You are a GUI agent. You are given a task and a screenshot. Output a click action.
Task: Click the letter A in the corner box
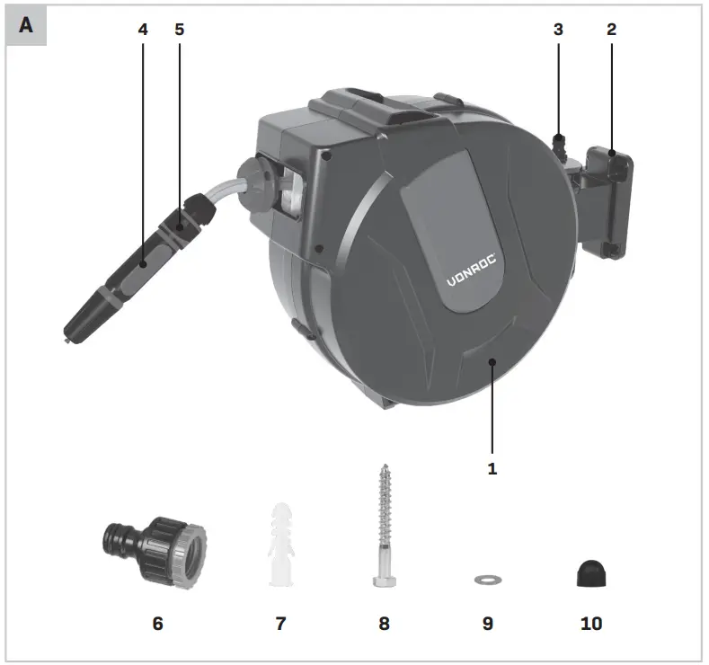(26, 25)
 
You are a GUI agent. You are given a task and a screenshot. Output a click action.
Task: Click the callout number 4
(143, 30)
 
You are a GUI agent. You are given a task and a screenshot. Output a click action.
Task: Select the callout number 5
(179, 30)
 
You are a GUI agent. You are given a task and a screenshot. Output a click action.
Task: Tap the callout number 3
(558, 30)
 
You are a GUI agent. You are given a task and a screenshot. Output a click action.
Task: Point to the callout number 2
(611, 30)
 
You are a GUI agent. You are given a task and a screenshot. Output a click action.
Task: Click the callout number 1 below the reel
(492, 467)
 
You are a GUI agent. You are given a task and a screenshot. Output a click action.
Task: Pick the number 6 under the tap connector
(157, 623)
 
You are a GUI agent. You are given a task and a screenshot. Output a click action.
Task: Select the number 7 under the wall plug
(280, 623)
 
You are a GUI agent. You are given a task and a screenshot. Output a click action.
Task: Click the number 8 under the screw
(385, 623)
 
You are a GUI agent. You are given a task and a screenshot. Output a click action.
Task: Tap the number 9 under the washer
(488, 623)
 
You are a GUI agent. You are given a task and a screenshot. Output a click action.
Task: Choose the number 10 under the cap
(591, 623)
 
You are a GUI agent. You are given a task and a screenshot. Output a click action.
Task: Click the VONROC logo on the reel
(477, 267)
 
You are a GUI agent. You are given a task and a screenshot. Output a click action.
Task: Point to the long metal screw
(384, 521)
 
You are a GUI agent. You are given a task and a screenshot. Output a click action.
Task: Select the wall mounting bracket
(607, 202)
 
